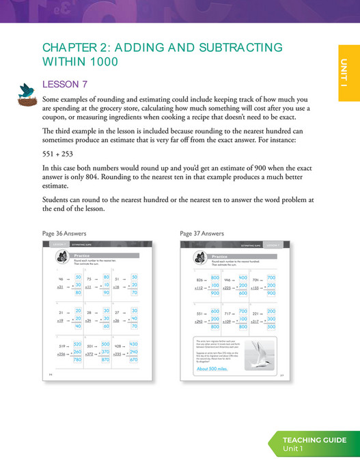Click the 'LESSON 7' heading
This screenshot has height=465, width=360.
[x=65, y=85]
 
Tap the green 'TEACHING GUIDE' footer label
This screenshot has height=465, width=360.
[x=315, y=440]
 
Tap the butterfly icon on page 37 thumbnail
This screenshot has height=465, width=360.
[x=199, y=258]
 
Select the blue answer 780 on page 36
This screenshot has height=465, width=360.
[x=77, y=360]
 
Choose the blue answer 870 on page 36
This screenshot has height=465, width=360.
[x=105, y=360]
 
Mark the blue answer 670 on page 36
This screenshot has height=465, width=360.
[x=133, y=360]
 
